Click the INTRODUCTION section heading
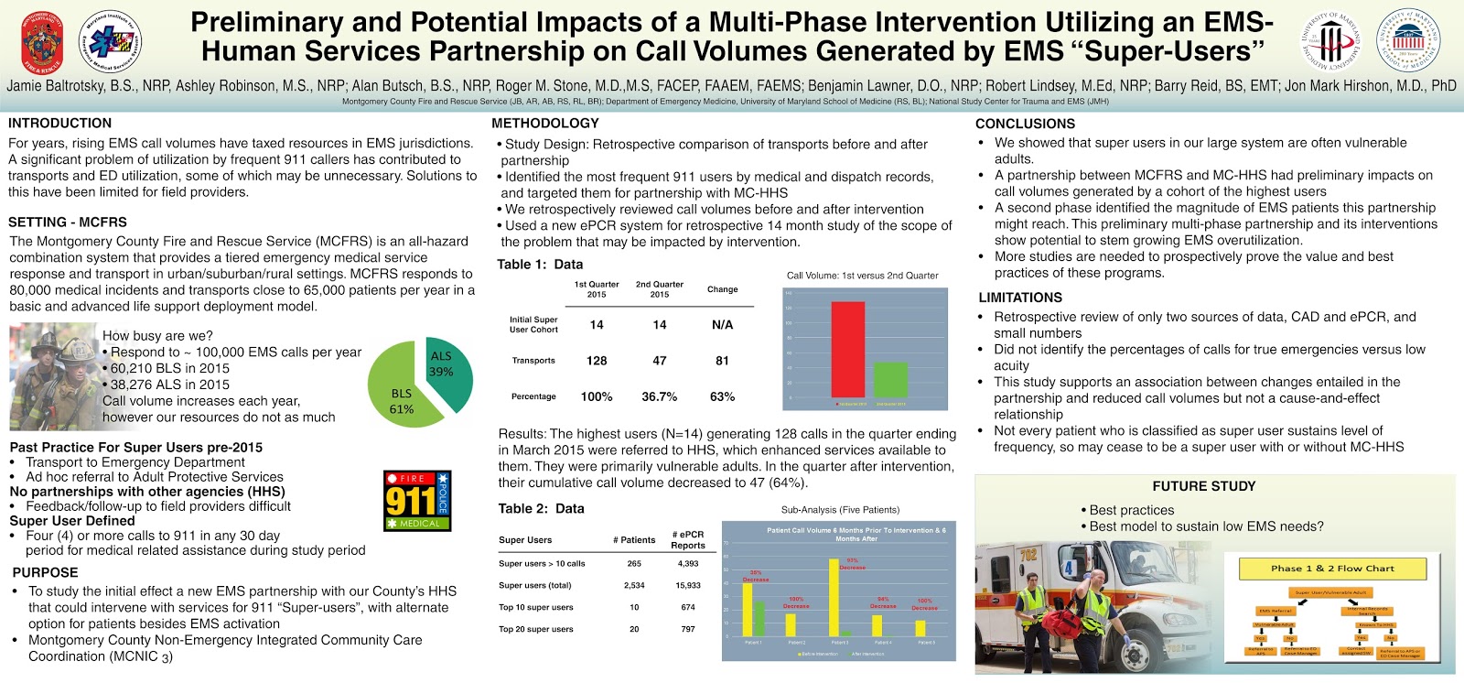(59, 123)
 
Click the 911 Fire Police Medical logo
(417, 501)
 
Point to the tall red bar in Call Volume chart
(848, 348)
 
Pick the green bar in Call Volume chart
(890, 379)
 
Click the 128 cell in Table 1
(597, 361)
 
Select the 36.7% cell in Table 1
(659, 396)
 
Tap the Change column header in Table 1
(722, 289)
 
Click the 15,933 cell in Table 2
(688, 585)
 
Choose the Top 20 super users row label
(535, 629)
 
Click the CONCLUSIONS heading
(1025, 124)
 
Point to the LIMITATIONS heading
(1020, 298)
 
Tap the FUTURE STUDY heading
(1203, 486)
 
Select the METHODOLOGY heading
(544, 123)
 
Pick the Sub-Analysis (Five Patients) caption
(840, 509)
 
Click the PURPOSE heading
(45, 572)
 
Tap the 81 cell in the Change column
(722, 361)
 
